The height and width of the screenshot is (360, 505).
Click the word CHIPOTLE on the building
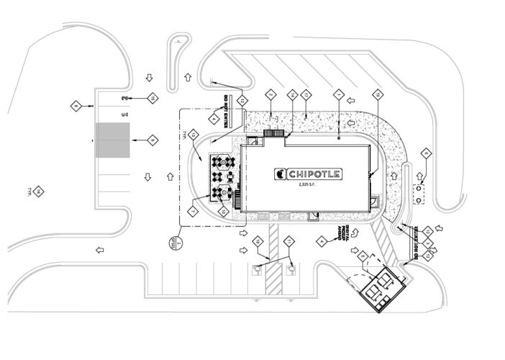click(314, 174)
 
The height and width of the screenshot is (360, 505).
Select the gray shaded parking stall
click(112, 140)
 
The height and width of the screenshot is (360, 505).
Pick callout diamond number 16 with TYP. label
click(40, 191)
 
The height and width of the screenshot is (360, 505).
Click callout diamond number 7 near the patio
click(193, 211)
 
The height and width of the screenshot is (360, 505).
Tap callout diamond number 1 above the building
click(338, 94)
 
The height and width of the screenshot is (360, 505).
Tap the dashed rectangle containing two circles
click(419, 192)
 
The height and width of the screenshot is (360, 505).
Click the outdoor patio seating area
click(223, 176)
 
